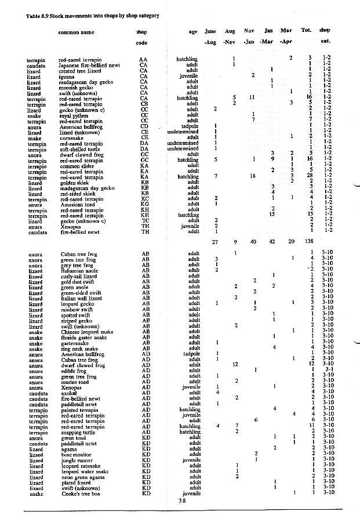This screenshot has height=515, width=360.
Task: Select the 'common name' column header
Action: click(76, 32)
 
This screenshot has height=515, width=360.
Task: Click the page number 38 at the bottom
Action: click(182, 501)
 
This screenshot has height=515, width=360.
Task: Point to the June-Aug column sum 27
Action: click(214, 241)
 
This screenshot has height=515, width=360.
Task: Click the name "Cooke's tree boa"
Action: click(83, 493)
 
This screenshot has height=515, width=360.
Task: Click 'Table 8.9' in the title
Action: click(37, 16)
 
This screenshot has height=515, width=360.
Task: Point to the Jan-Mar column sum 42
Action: click(268, 241)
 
